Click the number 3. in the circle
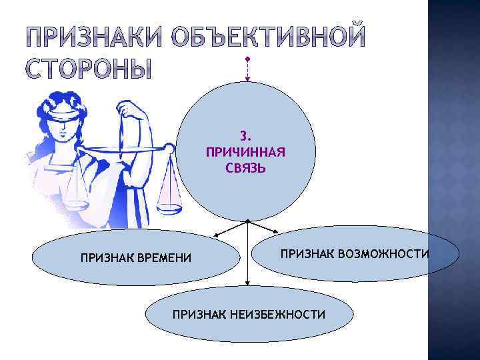(245, 139)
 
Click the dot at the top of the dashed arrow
(247, 58)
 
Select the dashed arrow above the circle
(247, 71)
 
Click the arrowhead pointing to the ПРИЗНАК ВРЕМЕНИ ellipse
(215, 235)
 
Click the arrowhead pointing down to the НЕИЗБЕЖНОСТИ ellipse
(247, 283)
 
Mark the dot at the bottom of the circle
(247, 221)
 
